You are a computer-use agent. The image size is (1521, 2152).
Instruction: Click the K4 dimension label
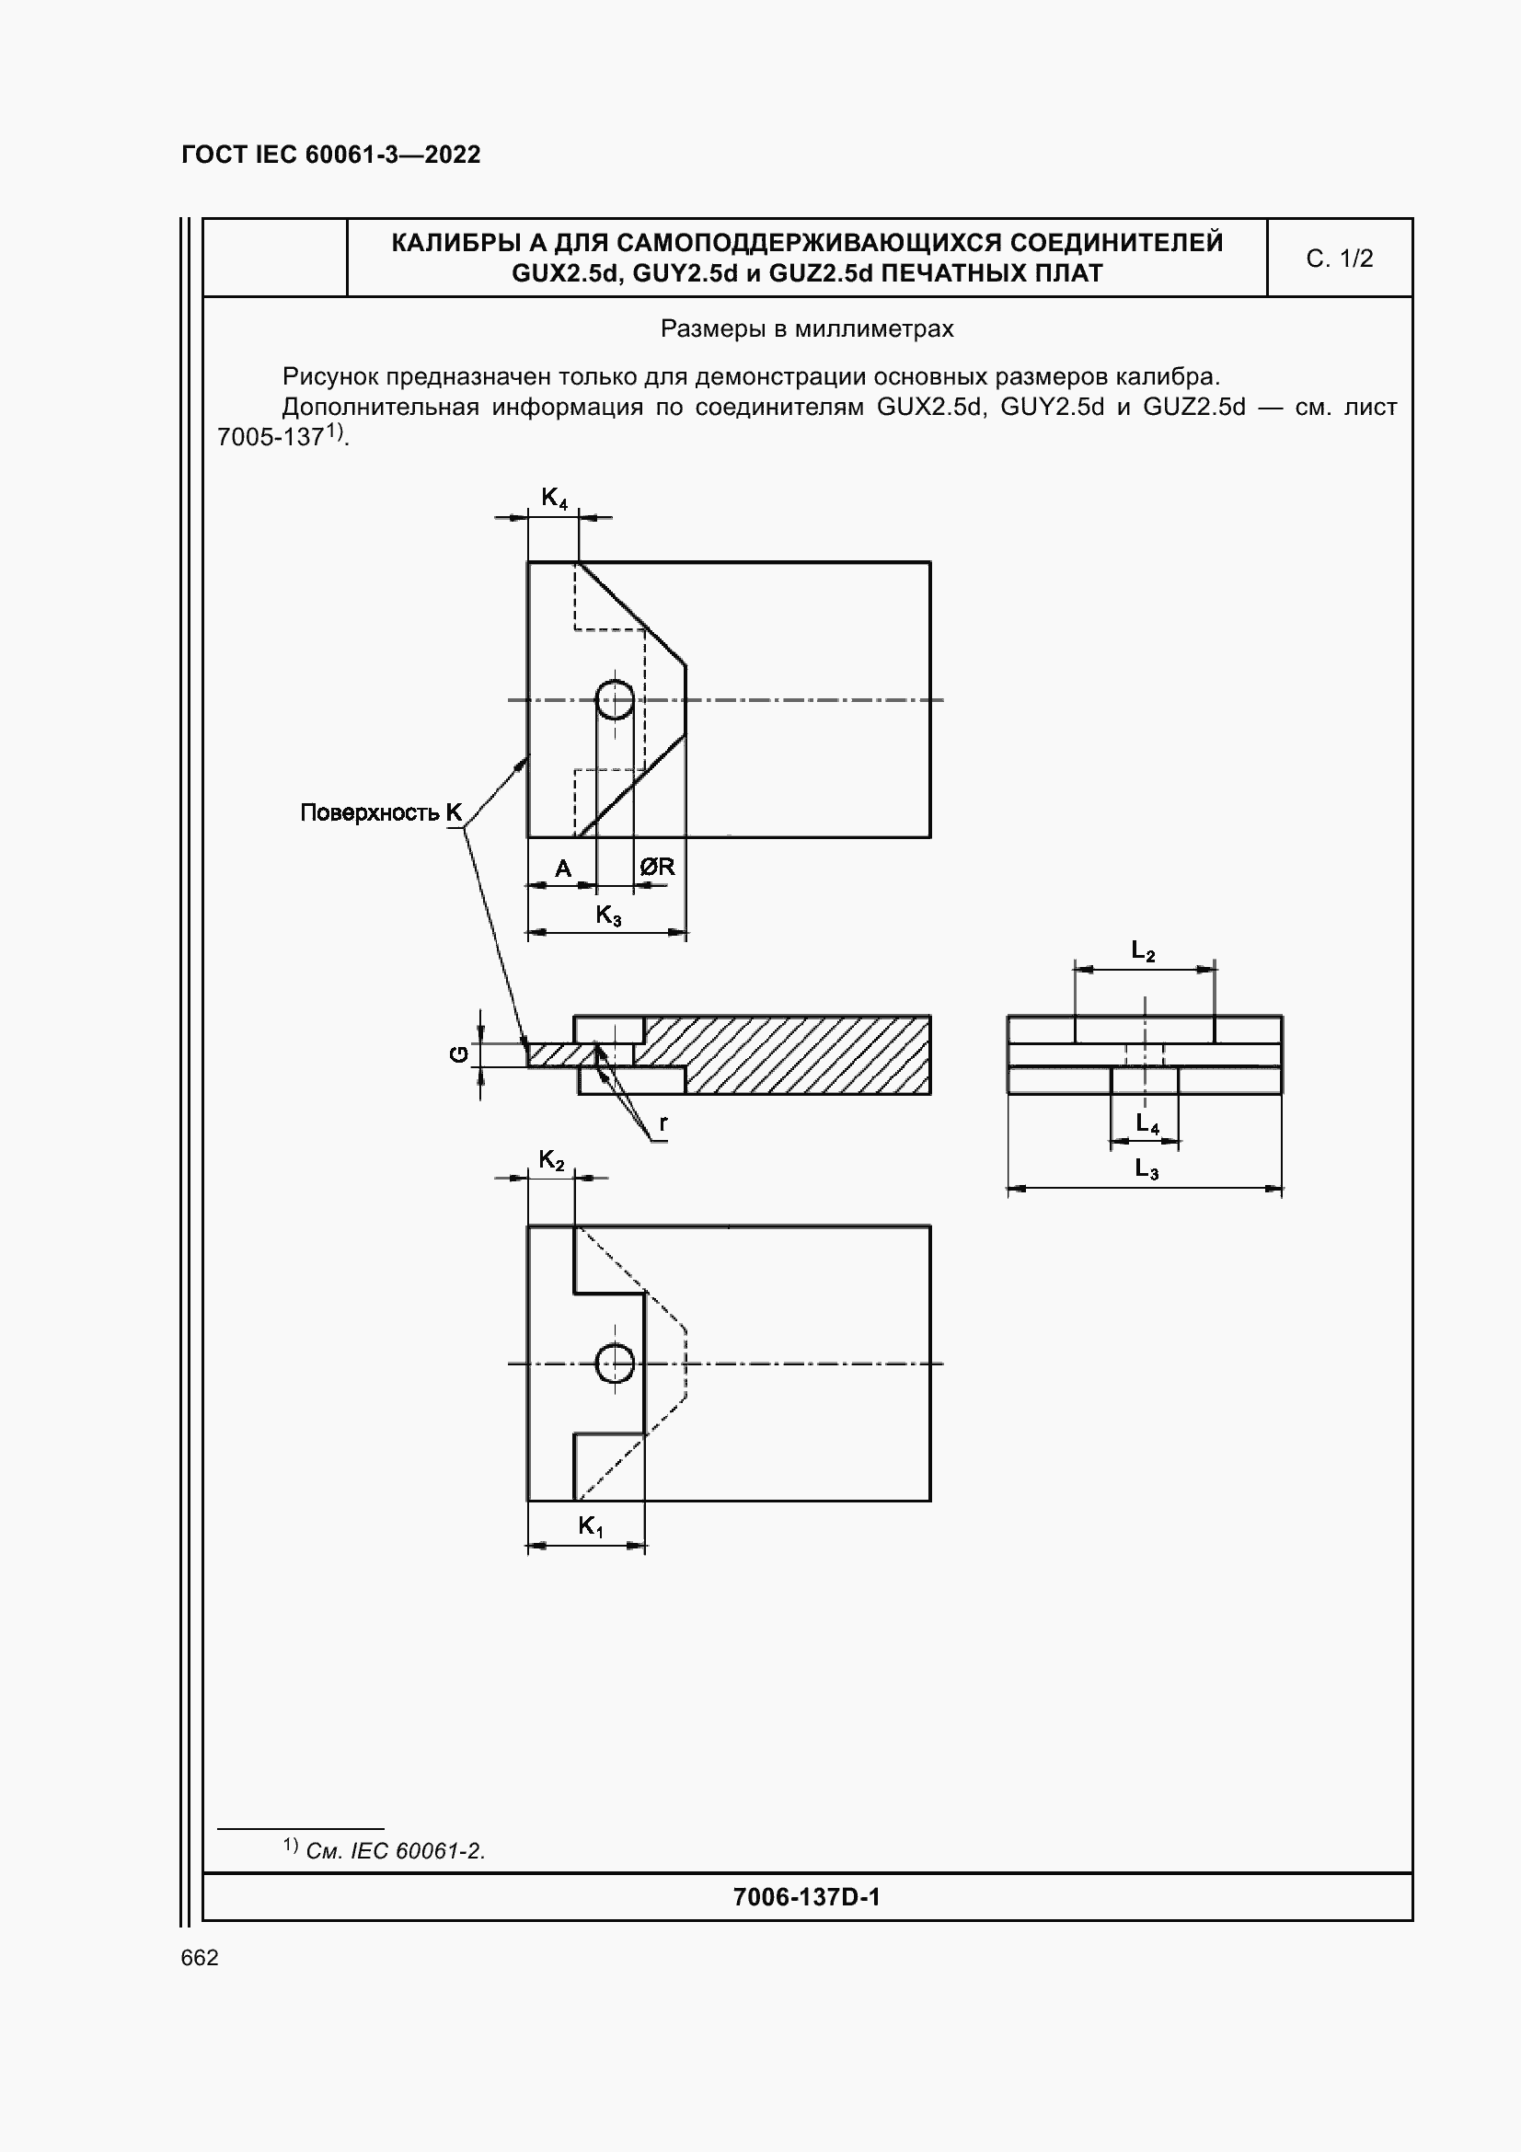554,498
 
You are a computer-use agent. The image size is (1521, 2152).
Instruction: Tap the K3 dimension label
608,915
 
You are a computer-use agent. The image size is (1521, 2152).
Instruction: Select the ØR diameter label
657,867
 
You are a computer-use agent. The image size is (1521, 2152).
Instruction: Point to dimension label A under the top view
562,869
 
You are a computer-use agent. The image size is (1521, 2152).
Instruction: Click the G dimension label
458,1054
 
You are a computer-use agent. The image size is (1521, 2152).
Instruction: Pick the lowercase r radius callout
663,1122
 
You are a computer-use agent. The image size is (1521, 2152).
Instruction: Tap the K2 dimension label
551,1160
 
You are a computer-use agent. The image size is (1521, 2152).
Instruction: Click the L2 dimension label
1143,951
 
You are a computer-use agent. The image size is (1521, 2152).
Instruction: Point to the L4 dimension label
1147,1122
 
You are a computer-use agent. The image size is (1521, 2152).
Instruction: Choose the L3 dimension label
1147,1168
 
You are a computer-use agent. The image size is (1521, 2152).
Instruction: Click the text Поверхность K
381,812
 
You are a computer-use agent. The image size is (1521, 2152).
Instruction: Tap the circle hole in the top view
615,700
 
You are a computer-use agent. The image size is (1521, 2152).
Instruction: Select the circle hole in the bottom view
615,1363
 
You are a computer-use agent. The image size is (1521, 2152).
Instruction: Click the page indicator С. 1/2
1339,259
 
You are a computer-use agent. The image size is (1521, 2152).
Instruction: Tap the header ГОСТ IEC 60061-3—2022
331,155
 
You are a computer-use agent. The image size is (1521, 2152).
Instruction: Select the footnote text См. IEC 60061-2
395,1851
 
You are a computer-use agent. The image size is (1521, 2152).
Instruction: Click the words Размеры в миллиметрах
807,329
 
